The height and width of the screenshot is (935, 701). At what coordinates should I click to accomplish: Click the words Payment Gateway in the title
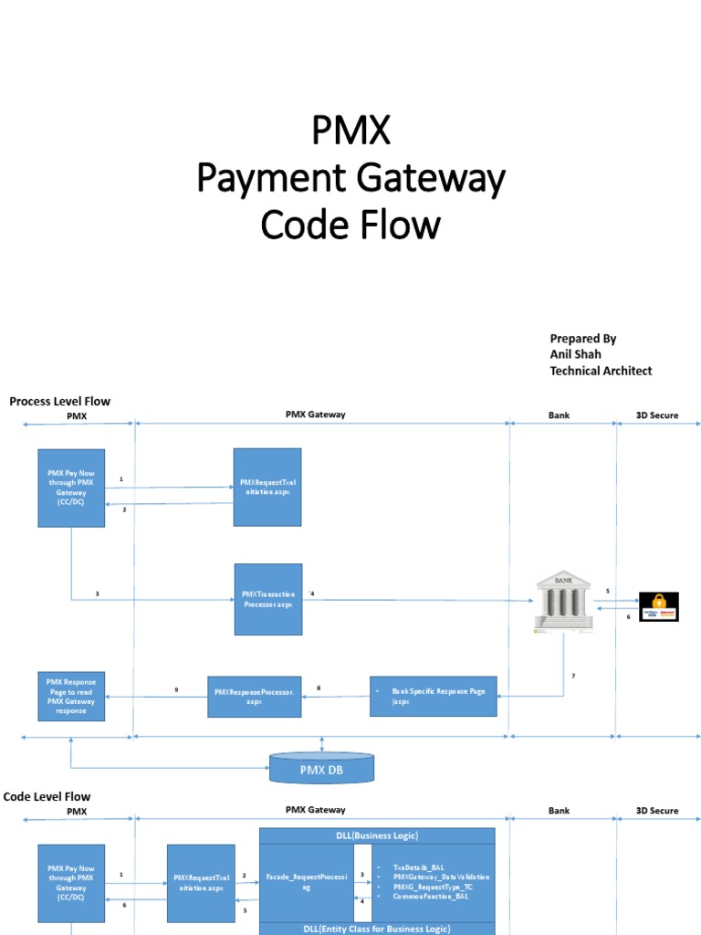350,179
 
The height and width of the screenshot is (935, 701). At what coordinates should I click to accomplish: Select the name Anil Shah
575,354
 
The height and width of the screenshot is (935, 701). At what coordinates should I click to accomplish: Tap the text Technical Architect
601,371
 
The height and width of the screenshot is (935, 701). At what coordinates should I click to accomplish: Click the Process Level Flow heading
59,401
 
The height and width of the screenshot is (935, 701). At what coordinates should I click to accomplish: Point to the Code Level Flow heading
47,796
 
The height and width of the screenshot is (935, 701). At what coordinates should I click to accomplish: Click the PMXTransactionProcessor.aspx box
267,600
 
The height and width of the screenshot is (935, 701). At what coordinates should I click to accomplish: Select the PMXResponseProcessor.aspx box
254,697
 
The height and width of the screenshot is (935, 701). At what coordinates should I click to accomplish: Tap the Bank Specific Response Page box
434,697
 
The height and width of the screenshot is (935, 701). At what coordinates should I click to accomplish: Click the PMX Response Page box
71,697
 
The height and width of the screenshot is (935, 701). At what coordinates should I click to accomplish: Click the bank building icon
563,601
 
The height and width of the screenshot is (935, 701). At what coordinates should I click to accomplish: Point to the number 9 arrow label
176,689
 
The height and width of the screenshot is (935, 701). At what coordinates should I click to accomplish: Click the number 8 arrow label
319,688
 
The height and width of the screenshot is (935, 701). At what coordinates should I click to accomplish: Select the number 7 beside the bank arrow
573,675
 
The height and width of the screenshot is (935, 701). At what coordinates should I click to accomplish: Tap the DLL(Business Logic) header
377,835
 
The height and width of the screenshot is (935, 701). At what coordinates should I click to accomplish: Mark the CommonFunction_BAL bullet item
431,897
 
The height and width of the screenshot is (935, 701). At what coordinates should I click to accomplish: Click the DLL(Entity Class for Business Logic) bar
377,928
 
